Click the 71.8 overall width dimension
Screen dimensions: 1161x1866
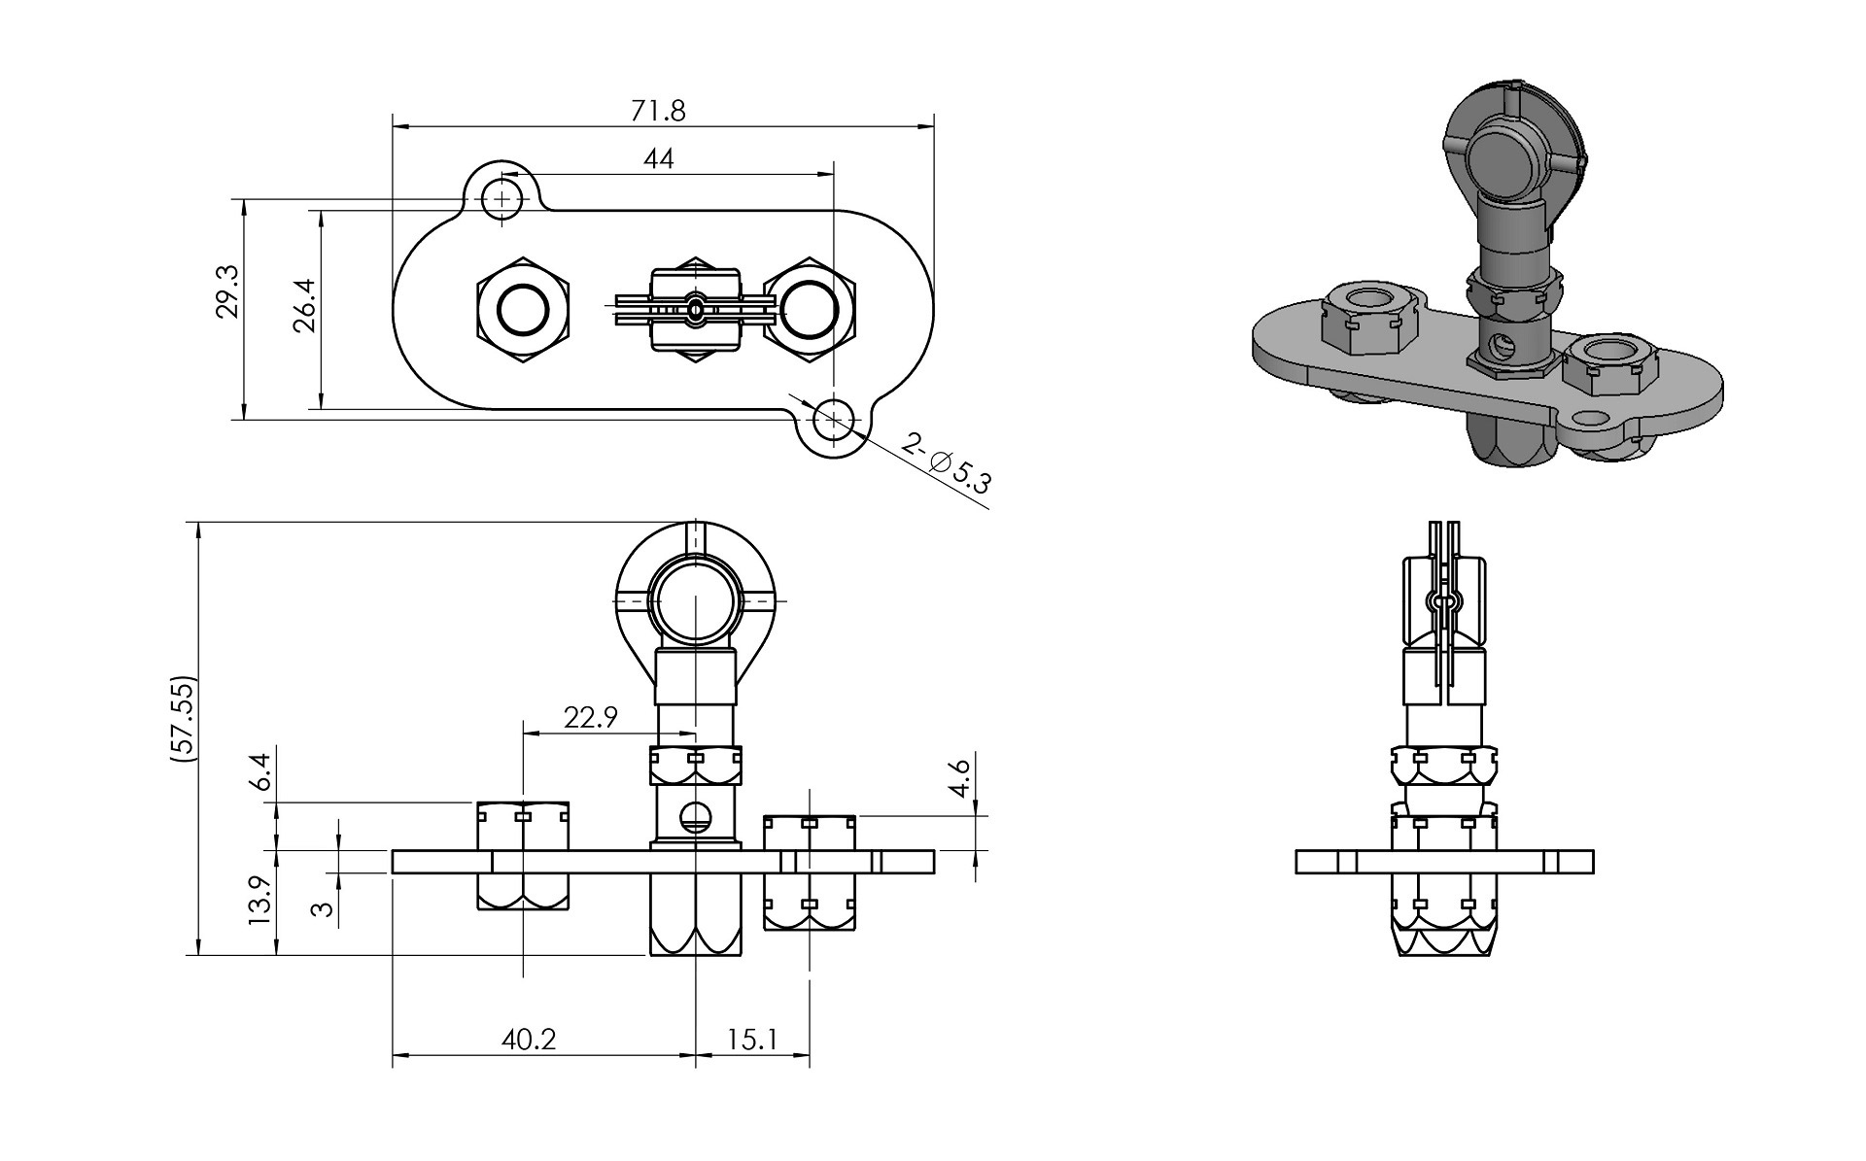tap(658, 111)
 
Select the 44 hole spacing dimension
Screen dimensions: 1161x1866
tap(658, 158)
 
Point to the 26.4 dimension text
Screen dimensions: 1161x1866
tap(305, 306)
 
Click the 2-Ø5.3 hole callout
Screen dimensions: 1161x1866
tap(946, 463)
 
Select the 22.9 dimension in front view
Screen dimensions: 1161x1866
tap(590, 718)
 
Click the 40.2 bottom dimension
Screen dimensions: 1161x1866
tap(529, 1040)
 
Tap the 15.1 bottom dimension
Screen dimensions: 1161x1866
tap(752, 1040)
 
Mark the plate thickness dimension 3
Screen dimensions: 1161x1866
tap(323, 908)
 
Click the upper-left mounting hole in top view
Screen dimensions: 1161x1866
tap(502, 198)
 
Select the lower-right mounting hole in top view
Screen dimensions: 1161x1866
tap(833, 422)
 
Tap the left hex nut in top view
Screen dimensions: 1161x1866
tap(524, 310)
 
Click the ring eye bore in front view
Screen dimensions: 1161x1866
tap(696, 601)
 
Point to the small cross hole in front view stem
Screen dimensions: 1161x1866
tap(695, 818)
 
